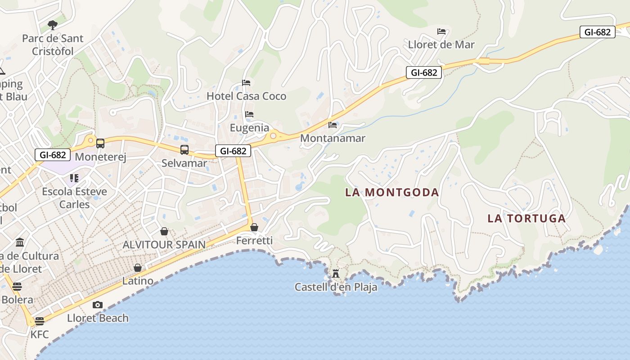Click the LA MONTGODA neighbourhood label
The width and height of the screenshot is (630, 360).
tap(391, 193)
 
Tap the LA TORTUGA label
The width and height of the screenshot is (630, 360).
tap(526, 219)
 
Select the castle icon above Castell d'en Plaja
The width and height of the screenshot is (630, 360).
tap(335, 273)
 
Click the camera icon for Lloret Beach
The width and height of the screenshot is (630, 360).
tap(98, 305)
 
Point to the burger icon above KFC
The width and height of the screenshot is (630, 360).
tap(40, 321)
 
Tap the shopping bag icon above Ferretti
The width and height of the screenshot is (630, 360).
tap(254, 227)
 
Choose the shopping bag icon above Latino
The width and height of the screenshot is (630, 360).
tap(138, 268)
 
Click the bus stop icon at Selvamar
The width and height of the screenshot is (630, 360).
tap(184, 150)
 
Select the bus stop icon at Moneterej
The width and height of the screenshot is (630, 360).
tap(100, 144)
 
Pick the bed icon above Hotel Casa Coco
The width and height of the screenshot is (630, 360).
tap(246, 83)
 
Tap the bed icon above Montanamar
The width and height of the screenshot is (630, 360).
tap(333, 125)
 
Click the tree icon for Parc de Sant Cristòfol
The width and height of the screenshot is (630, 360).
tap(53, 25)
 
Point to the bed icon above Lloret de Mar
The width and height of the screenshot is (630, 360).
tap(441, 31)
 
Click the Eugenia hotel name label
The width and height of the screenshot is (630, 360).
tap(249, 128)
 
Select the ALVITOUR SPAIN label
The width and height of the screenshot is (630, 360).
tap(164, 245)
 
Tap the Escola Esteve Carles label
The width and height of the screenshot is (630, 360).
tap(75, 198)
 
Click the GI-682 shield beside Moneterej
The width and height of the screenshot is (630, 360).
tap(53, 155)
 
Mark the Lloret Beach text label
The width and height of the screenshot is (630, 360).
tap(98, 318)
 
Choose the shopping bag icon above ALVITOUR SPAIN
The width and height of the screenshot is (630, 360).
tap(164, 231)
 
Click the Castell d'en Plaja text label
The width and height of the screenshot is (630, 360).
tap(336, 287)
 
